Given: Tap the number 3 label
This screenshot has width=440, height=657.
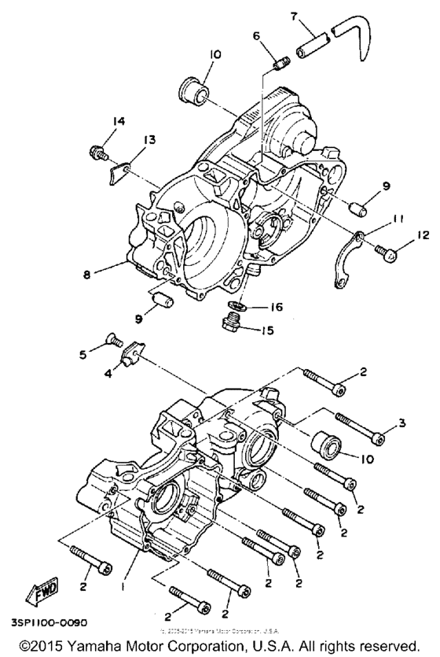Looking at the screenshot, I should [401, 424].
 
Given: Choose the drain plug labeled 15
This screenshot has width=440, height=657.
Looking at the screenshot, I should [236, 324].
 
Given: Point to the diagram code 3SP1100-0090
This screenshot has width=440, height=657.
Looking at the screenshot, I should [50, 622].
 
